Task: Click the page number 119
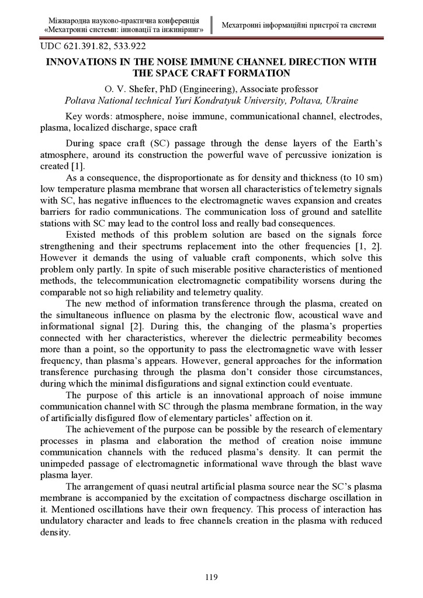(211, 578)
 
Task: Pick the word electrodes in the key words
(362, 116)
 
